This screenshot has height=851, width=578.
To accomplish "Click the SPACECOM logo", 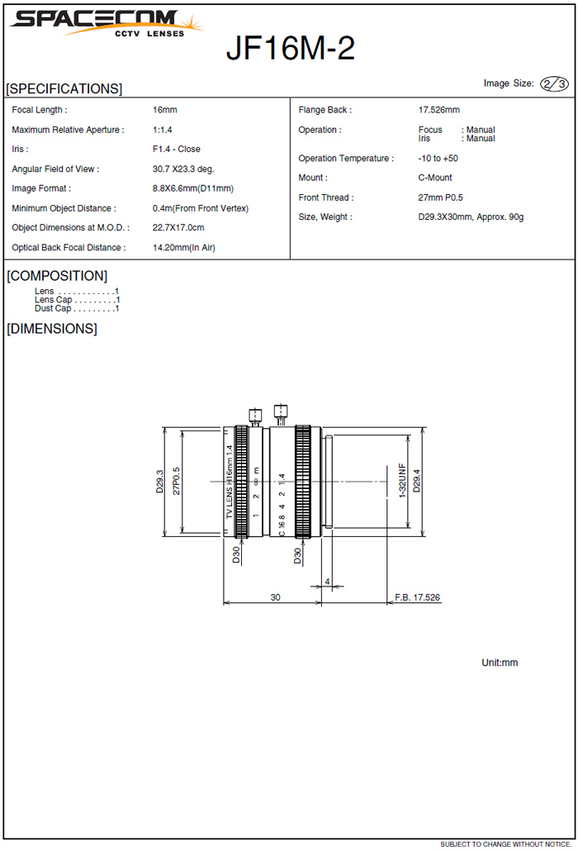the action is (107, 23).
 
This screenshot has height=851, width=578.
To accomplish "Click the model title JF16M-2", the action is (290, 48).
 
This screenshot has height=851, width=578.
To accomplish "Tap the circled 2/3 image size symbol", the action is (554, 83).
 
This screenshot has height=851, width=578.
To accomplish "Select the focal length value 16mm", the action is (165, 110).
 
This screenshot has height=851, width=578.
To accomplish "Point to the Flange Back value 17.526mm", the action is (438, 110).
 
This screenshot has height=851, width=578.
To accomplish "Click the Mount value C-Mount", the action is (435, 178).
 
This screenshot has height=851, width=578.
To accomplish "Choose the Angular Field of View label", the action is (55, 169).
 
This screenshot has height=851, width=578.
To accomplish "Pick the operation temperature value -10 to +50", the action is (438, 159).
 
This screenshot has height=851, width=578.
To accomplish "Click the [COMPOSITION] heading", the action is (57, 276).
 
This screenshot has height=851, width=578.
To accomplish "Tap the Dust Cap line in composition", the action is (77, 308).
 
